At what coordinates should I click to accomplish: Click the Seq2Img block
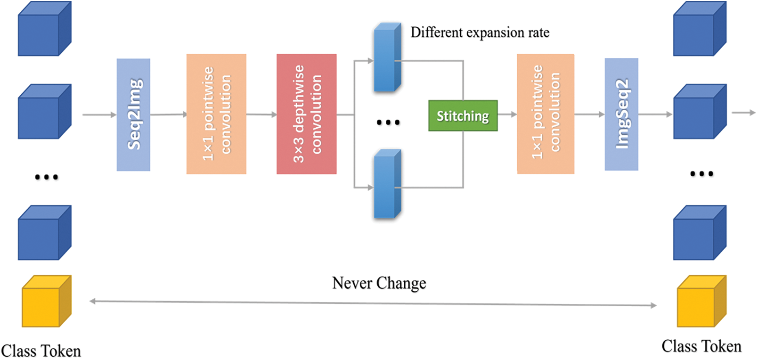pyautogui.click(x=133, y=115)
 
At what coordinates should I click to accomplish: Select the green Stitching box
pyautogui.click(x=463, y=115)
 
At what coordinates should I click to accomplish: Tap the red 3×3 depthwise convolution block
pyautogui.click(x=306, y=114)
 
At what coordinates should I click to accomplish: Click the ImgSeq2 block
pyautogui.click(x=621, y=114)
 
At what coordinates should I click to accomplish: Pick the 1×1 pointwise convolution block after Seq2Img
pyautogui.click(x=216, y=114)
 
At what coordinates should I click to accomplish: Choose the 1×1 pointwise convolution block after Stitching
pyautogui.click(x=545, y=114)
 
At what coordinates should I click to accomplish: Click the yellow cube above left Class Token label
pyautogui.click(x=46, y=302)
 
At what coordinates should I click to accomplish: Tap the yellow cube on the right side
pyautogui.click(x=701, y=302)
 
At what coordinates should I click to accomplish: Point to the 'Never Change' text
pyautogui.click(x=379, y=283)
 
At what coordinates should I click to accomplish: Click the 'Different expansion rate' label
pyautogui.click(x=480, y=33)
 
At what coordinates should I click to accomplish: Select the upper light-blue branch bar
pyautogui.click(x=387, y=57)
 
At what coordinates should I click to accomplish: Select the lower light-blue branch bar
pyautogui.click(x=387, y=185)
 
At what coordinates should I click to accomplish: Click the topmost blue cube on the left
pyautogui.click(x=44, y=29)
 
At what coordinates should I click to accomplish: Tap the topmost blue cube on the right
pyautogui.click(x=699, y=29)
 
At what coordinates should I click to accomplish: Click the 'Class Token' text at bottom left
pyautogui.click(x=41, y=351)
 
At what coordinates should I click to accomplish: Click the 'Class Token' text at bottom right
pyautogui.click(x=701, y=346)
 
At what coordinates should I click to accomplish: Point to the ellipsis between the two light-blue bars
pyautogui.click(x=388, y=123)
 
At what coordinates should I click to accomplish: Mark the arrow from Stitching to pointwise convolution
pyautogui.click(x=507, y=115)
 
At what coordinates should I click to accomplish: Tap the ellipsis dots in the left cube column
pyautogui.click(x=47, y=177)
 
